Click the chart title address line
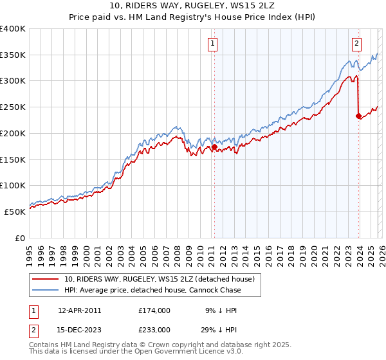coord(192,6)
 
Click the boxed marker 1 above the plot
coord(212,44)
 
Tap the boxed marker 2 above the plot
coord(356,44)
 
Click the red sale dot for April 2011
coord(214,147)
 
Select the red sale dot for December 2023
coord(358,116)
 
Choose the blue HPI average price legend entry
coord(152,291)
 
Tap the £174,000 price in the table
coord(154,310)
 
